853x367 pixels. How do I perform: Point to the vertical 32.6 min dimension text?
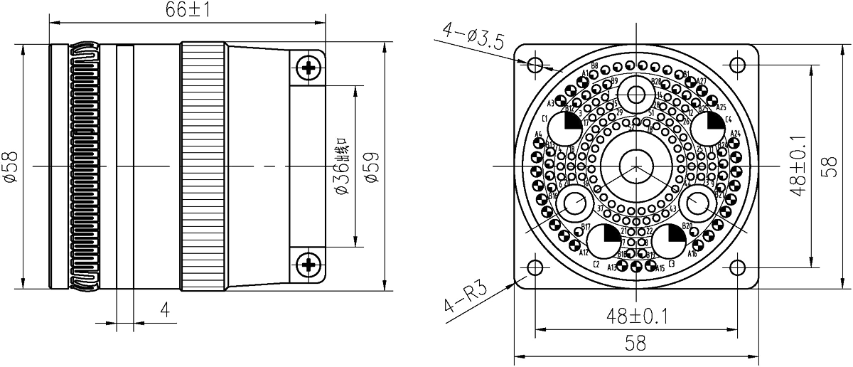(x=342, y=166)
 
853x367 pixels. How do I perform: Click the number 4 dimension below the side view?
(x=165, y=310)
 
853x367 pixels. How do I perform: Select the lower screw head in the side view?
(x=308, y=264)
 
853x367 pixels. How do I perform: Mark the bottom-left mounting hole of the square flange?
(x=536, y=268)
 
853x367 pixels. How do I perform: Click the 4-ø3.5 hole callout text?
(x=473, y=36)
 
